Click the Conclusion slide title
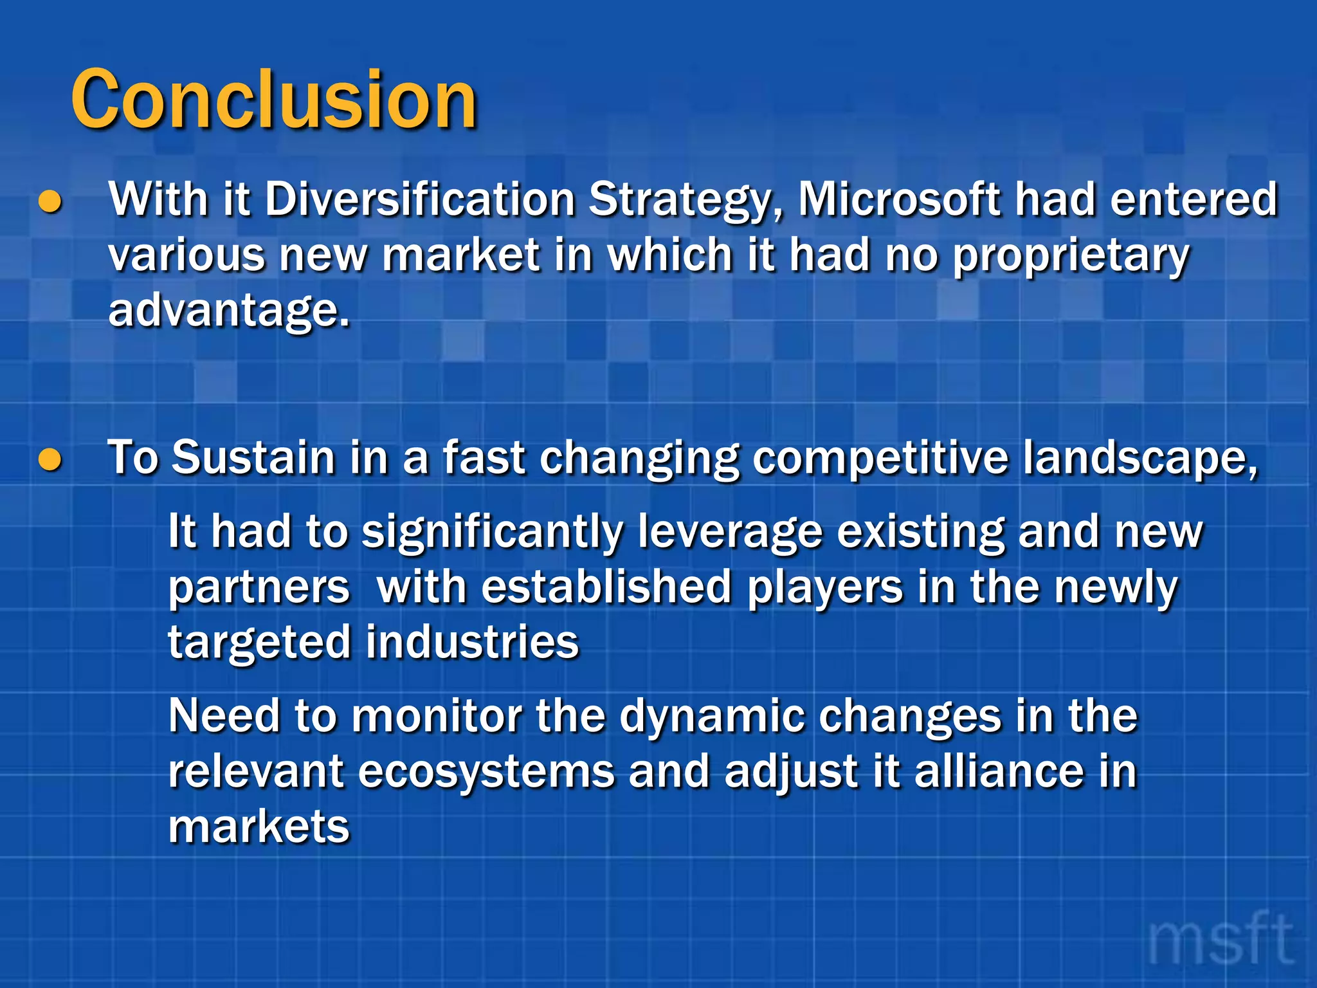click(x=273, y=100)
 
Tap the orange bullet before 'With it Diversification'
click(x=50, y=202)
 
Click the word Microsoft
click(x=899, y=199)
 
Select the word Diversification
click(x=419, y=199)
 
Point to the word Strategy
click(x=686, y=201)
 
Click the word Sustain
click(x=254, y=458)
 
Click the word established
click(x=606, y=588)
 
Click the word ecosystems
click(x=486, y=772)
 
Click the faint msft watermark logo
click(x=1219, y=940)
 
